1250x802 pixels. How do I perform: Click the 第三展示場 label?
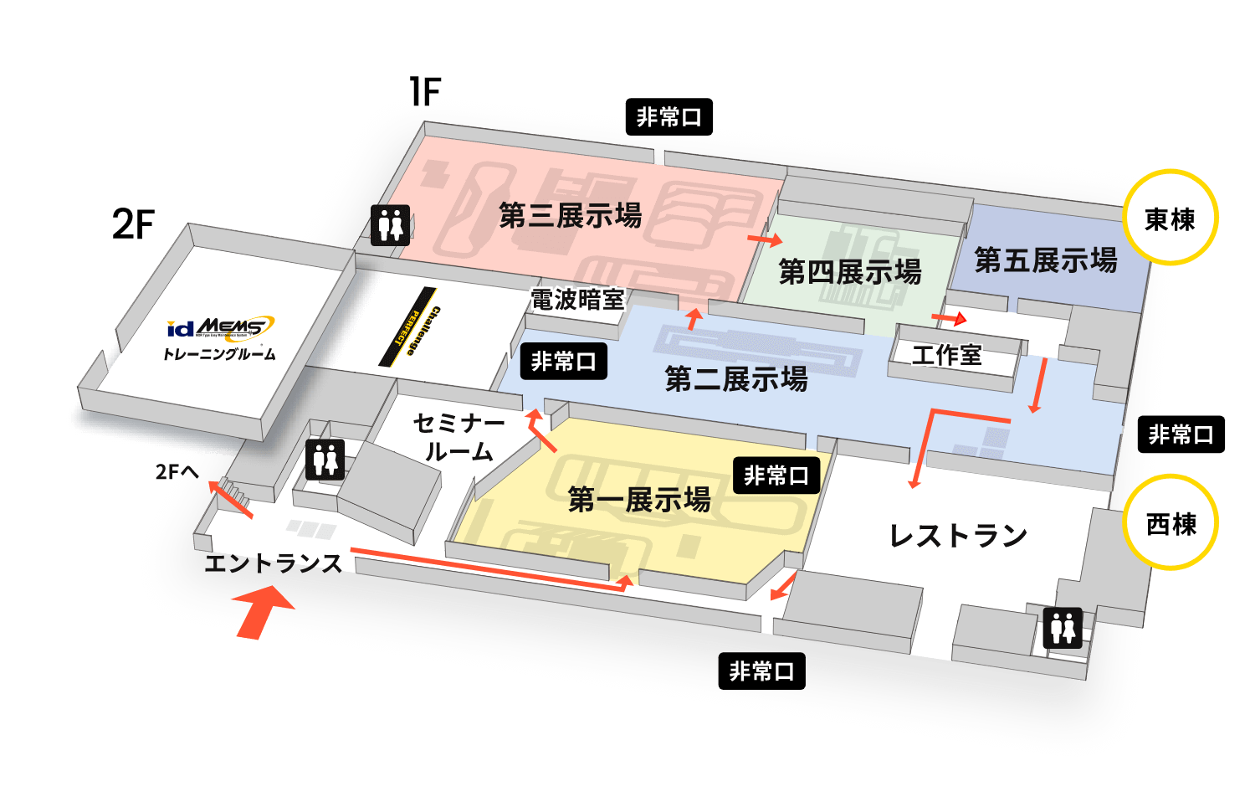(x=570, y=215)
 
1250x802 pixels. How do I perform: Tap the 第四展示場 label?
(x=849, y=271)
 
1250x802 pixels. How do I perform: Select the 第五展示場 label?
(x=1045, y=260)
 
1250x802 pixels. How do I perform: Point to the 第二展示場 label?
(x=736, y=379)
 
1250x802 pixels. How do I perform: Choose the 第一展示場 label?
(x=639, y=500)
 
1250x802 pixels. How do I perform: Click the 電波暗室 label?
(x=577, y=300)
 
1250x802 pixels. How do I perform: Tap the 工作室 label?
(x=946, y=355)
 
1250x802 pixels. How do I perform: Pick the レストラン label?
(x=958, y=536)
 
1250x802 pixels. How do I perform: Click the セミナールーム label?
(x=459, y=437)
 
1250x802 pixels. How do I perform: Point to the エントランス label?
(x=274, y=563)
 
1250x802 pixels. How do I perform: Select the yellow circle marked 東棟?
(x=1170, y=218)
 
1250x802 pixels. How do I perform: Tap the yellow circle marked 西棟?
(x=1171, y=523)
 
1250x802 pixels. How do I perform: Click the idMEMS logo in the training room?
(x=220, y=327)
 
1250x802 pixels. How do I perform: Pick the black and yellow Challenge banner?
(x=411, y=327)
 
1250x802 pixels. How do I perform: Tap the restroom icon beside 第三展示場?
(x=391, y=224)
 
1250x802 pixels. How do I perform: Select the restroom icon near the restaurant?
(x=1063, y=628)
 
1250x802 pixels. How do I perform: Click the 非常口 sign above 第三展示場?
(x=669, y=117)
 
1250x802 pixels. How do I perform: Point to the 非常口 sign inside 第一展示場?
(x=776, y=476)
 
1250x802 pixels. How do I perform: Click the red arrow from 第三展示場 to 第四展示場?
(x=764, y=240)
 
